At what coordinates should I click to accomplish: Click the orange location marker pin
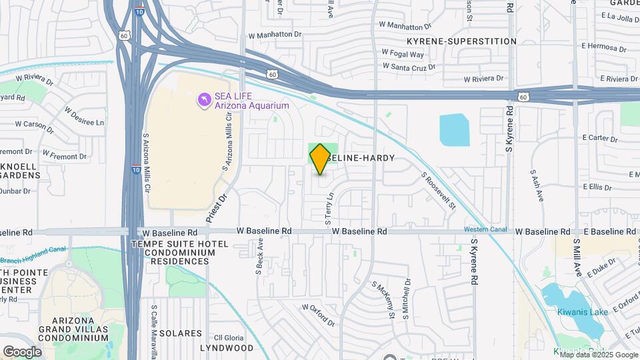320,159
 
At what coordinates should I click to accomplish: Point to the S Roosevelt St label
438,191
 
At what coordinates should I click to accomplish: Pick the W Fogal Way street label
402,54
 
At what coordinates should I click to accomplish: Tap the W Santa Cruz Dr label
409,67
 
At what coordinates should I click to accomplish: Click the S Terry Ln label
328,209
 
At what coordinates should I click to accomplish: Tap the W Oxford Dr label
318,315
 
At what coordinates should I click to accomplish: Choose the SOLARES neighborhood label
180,333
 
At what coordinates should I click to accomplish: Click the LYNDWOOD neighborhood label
224,348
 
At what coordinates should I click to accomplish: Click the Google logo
22,351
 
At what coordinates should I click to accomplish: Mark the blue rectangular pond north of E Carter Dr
455,130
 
